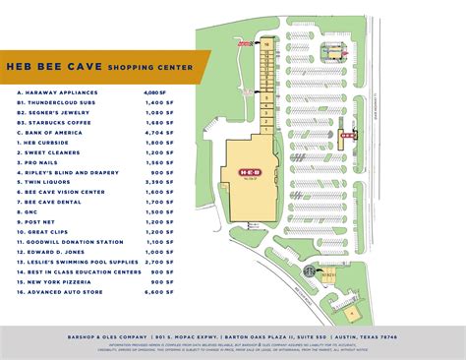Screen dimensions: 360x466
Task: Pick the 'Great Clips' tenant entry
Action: tap(57, 232)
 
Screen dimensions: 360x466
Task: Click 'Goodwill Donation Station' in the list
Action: tap(75, 241)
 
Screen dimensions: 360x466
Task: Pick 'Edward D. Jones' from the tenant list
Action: tap(58, 250)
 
